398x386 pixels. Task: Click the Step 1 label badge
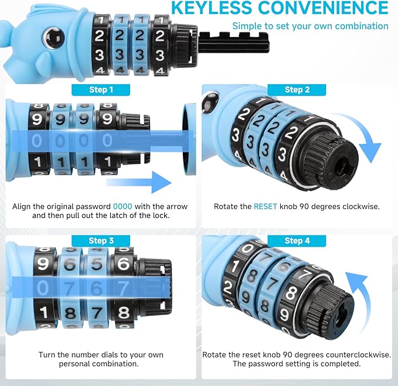101,90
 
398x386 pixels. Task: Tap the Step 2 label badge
297,90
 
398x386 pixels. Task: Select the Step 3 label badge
101,241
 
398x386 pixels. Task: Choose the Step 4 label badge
297,241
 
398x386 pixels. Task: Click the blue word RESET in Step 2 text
266,206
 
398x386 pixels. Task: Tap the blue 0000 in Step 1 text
123,206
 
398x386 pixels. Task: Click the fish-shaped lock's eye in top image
53,37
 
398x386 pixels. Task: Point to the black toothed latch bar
233,42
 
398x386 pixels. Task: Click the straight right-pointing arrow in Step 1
139,182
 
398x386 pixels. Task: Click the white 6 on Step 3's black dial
124,264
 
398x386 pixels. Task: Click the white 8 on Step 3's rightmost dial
124,312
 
